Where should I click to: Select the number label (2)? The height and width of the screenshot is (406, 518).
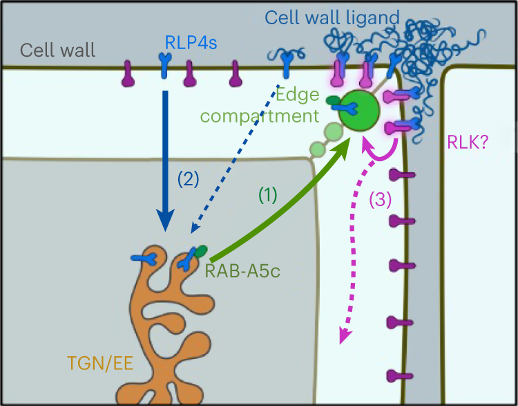coord(188,180)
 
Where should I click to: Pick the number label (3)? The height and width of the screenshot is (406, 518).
coord(380,199)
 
